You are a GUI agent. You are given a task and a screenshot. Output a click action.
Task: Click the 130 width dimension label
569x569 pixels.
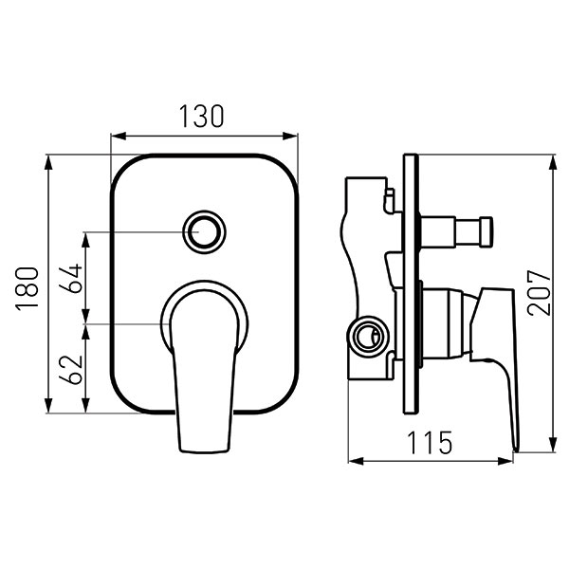click(x=202, y=117)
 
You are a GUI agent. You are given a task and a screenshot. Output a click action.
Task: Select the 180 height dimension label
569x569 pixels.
click(x=27, y=288)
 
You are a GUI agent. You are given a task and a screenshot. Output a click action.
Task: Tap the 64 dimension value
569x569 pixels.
click(x=71, y=279)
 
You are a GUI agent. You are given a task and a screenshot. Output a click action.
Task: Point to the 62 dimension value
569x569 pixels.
click(x=71, y=370)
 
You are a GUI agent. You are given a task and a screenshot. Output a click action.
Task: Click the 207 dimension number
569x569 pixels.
click(x=539, y=292)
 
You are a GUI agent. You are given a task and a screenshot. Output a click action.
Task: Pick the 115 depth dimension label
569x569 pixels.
click(x=430, y=443)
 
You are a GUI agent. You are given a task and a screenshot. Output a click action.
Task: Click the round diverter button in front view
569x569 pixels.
click(x=204, y=231)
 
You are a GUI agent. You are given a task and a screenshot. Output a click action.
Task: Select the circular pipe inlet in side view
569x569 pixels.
click(x=368, y=335)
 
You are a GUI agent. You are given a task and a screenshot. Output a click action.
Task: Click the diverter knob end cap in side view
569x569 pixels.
click(x=486, y=232)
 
